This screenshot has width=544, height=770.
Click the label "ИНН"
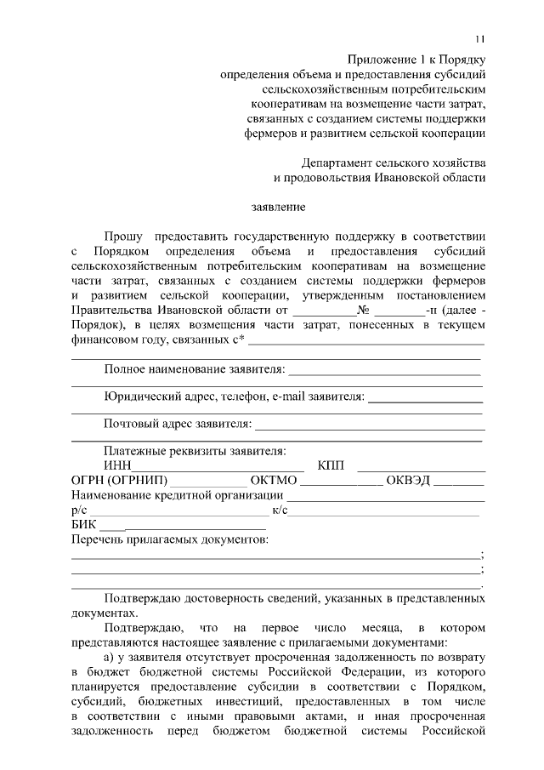[118, 465]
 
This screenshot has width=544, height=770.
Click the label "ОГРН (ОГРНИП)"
[119, 481]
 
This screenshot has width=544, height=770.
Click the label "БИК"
[84, 525]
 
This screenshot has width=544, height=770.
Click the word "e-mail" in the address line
[289, 396]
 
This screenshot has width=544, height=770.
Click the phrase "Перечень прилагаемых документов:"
[170, 540]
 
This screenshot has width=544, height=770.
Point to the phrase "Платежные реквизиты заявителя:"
[195, 451]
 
